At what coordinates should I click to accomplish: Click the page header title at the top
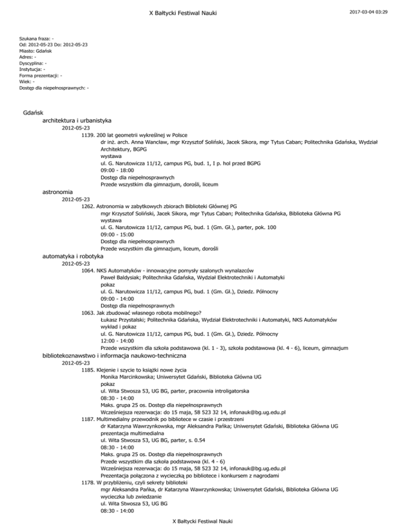203,12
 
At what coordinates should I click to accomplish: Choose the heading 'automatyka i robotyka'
72,256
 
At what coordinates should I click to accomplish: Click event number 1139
89,136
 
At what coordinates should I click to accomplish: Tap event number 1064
89,270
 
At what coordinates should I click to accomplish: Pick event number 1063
89,313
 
